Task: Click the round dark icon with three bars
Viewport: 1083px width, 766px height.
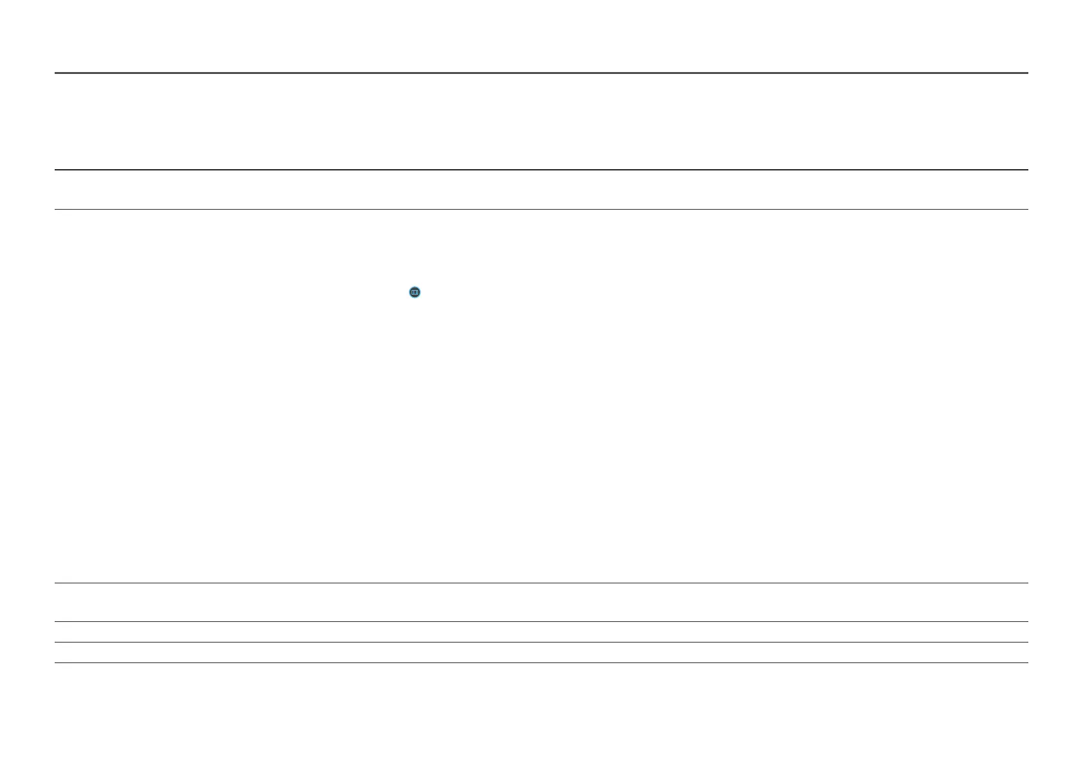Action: [415, 293]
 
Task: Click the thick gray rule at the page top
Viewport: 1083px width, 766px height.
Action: [541, 73]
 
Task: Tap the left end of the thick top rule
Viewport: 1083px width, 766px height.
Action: [56, 73]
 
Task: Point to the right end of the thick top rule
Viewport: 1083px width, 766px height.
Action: [1027, 73]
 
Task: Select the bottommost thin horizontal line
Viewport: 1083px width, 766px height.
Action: [541, 662]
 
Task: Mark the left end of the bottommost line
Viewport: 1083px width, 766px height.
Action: [55, 662]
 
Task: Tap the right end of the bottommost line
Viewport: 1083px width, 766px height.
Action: [1027, 662]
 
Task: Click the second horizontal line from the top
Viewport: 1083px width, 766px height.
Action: [541, 170]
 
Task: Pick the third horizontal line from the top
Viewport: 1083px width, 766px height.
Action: [541, 209]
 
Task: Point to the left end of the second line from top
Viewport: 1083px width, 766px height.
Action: [55, 170]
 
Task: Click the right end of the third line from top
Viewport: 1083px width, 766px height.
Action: [1027, 209]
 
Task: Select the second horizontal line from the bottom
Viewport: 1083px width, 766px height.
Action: [541, 642]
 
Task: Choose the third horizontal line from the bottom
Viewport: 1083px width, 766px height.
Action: [541, 621]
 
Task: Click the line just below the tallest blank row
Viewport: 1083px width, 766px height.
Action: [541, 583]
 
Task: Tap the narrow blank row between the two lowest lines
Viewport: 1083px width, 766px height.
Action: [541, 652]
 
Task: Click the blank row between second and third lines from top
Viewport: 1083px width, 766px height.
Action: [541, 190]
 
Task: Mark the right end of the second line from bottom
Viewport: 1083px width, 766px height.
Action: [1027, 642]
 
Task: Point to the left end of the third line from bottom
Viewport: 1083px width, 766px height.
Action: [55, 621]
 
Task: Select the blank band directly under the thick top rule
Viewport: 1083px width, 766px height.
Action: [541, 122]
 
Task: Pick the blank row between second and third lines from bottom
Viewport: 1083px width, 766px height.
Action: [541, 632]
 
